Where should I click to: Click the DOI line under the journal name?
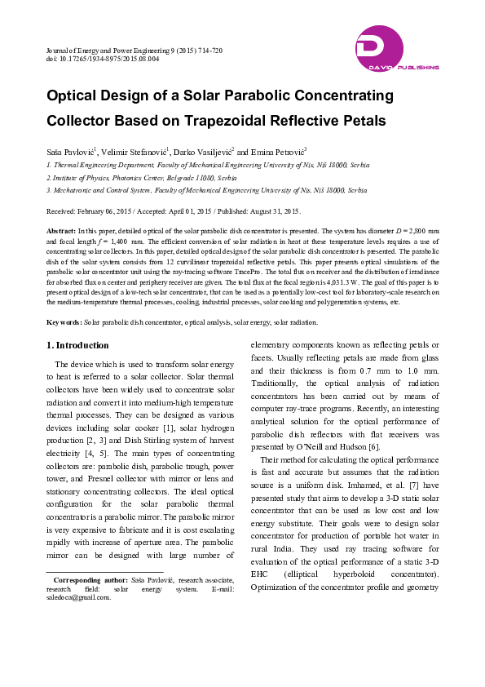(103, 60)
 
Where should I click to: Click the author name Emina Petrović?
(279, 152)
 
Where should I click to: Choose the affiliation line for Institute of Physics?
(142, 176)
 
